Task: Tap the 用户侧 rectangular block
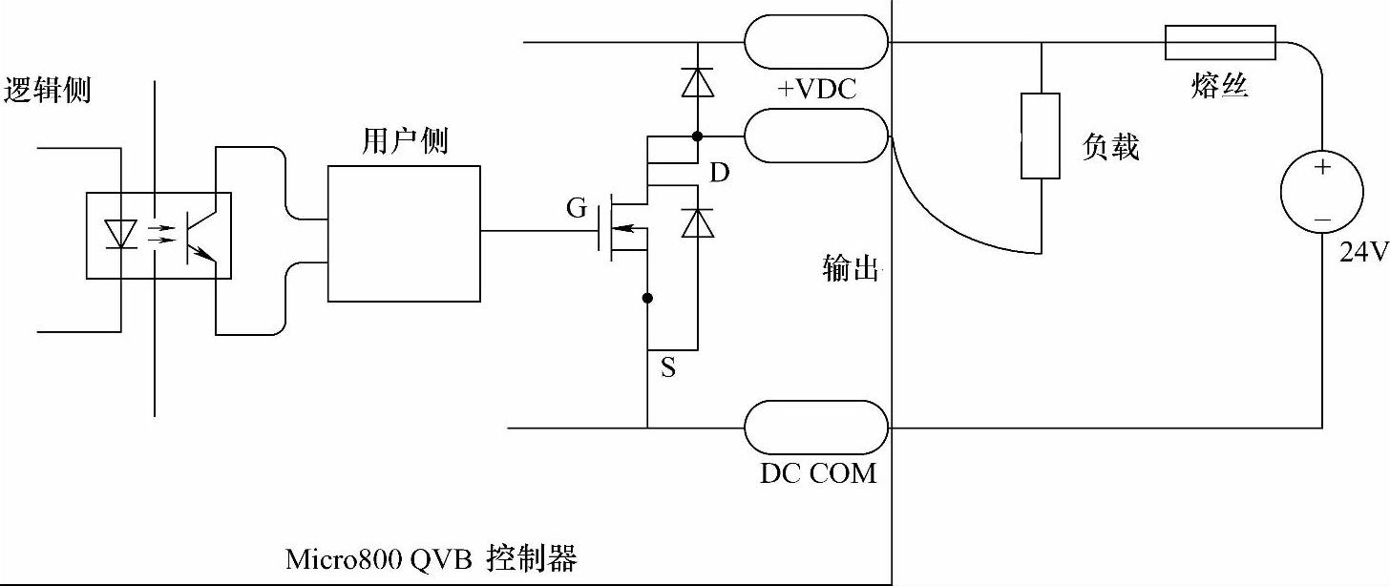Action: (404, 233)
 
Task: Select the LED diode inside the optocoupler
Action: (120, 232)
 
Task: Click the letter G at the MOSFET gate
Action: (577, 208)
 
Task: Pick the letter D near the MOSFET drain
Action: (720, 173)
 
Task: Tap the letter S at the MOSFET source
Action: (668, 368)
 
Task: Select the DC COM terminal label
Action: (818, 472)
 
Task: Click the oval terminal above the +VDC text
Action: (816, 42)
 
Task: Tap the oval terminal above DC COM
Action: (816, 427)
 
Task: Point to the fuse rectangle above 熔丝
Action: (1219, 41)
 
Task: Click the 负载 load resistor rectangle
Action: (1040, 136)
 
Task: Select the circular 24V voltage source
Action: (1322, 193)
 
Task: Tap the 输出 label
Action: (849, 268)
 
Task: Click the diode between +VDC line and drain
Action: (697, 84)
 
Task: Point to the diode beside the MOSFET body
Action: (699, 223)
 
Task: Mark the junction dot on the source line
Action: (647, 299)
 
